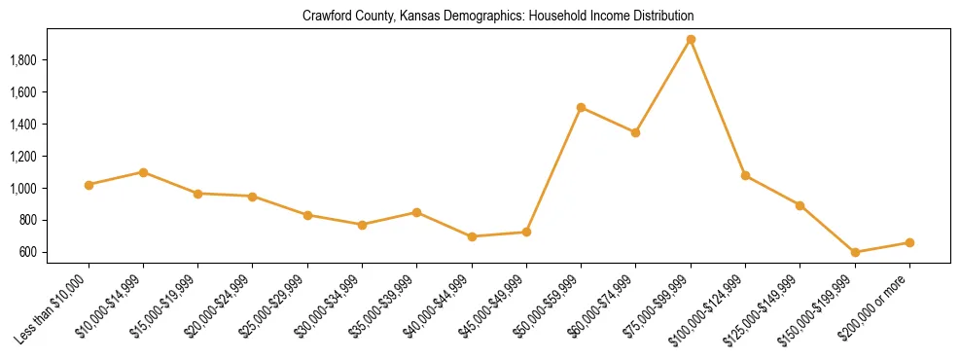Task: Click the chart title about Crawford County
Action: tap(498, 17)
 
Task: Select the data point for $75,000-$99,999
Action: tap(691, 40)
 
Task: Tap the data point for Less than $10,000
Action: tap(89, 185)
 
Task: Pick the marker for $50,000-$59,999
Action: tap(581, 108)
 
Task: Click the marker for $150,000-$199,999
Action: tap(855, 252)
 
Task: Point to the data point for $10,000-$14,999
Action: tap(143, 172)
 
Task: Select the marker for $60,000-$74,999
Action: tap(635, 132)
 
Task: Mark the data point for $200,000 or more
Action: tap(909, 242)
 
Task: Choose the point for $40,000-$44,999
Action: tap(472, 236)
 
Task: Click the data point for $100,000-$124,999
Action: tap(745, 175)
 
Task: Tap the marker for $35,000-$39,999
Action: tap(416, 212)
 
